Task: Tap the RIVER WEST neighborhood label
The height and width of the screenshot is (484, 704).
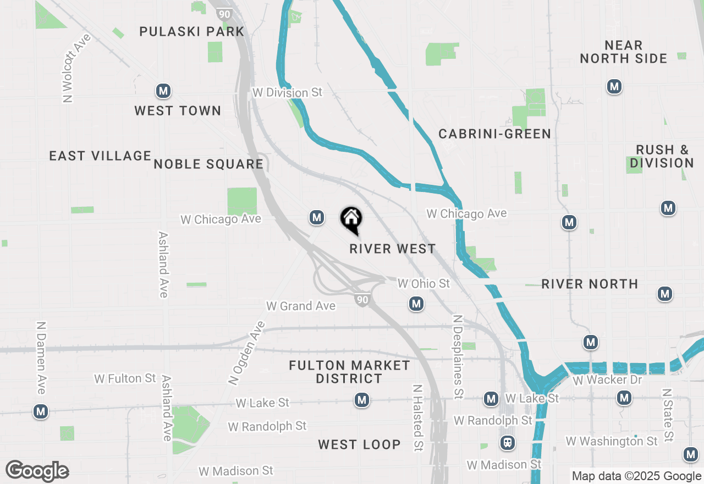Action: click(x=393, y=249)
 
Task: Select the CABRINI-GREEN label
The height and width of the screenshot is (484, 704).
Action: click(x=494, y=134)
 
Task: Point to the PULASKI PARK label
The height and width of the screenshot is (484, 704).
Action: click(x=191, y=31)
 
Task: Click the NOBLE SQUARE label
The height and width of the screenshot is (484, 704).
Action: click(x=208, y=164)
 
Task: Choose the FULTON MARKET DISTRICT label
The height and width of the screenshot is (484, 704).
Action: click(x=349, y=372)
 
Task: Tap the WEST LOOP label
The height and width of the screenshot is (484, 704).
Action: click(x=359, y=444)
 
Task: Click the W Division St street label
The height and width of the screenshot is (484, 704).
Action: click(x=287, y=92)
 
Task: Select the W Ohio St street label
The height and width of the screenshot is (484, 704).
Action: click(x=424, y=284)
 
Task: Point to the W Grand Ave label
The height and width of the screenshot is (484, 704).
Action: click(x=301, y=306)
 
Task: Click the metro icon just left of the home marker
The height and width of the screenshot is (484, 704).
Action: click(x=316, y=218)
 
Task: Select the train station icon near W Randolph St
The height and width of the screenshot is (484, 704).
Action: click(x=507, y=442)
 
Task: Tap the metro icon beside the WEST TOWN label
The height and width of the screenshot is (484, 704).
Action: click(x=163, y=91)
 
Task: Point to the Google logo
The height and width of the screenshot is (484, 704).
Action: click(x=37, y=471)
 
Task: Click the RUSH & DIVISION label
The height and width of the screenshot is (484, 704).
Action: click(x=662, y=156)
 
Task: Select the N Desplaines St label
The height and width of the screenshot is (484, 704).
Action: click(x=457, y=356)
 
